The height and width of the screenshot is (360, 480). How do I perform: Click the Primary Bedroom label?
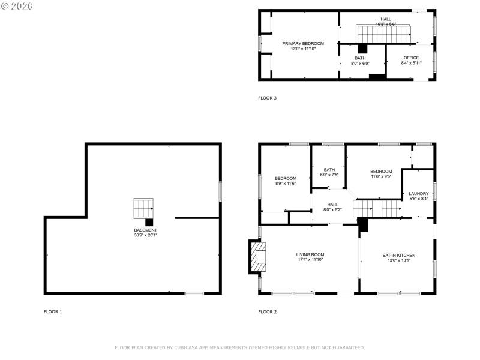tap(303, 46)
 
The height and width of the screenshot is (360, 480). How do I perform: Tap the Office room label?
tap(411, 60)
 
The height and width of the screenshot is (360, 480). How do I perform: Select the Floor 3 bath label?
tap(360, 60)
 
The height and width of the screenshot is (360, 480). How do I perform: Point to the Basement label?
tap(146, 232)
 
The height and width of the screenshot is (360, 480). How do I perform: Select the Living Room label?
tap(310, 257)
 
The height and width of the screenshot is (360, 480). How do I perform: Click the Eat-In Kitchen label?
tap(399, 258)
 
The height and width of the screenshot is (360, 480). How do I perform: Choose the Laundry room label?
tap(418, 196)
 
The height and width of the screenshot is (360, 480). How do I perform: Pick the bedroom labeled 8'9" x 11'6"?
tap(286, 181)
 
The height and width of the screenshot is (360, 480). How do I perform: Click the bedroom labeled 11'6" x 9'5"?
tap(381, 174)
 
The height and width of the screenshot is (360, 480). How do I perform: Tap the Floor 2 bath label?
tap(329, 172)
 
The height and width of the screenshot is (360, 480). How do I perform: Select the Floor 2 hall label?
tap(332, 207)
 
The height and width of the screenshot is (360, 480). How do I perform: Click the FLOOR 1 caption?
tap(53, 311)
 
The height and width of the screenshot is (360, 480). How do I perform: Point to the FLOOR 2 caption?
tap(268, 311)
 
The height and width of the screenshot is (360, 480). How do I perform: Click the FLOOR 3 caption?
tap(268, 98)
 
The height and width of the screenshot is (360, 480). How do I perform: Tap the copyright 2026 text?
tap(17, 6)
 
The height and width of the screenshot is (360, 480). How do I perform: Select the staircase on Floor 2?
tap(377, 209)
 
